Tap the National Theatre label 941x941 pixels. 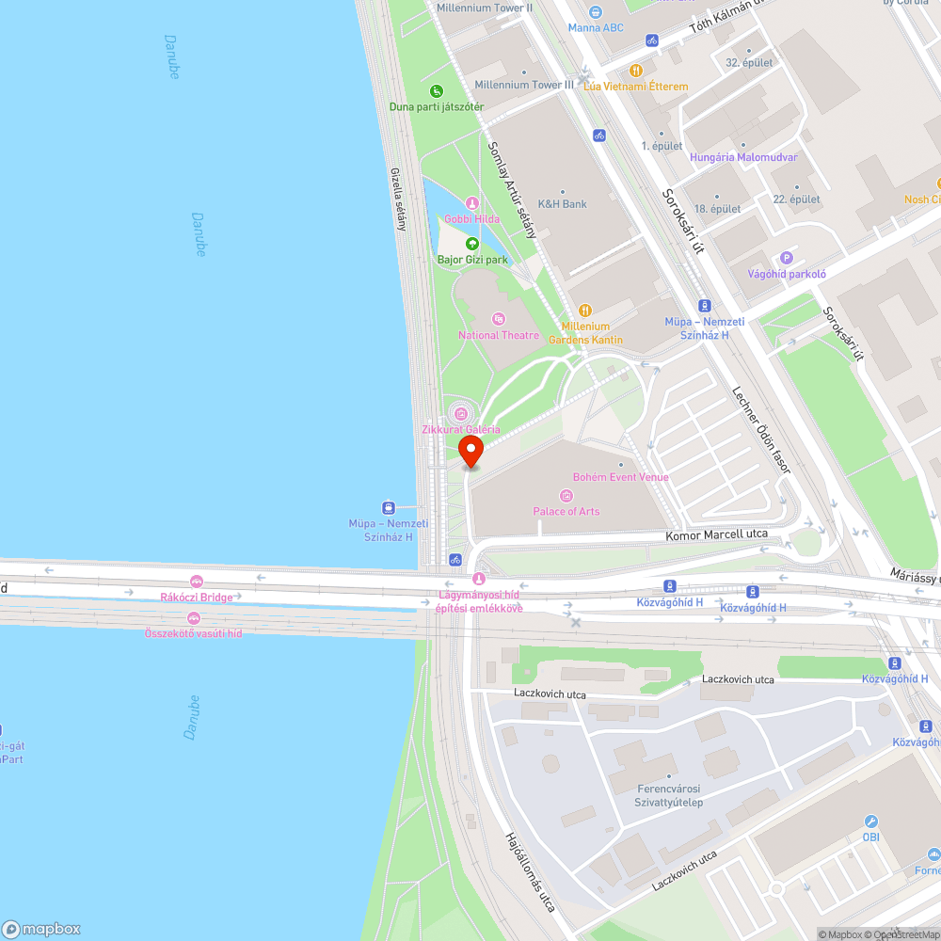[499, 335]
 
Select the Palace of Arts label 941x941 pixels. [566, 511]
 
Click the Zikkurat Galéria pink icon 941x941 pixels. [460, 412]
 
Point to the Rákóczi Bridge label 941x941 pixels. [196, 597]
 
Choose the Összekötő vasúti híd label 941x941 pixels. [193, 633]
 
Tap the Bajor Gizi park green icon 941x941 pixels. [472, 244]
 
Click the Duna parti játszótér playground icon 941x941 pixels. [437, 91]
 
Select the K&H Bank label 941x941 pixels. [562, 203]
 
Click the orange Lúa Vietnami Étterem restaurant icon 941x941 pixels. [636, 70]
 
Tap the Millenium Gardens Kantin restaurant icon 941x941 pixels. [585, 310]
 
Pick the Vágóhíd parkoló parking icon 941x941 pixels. [787, 258]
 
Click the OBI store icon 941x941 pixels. [871, 821]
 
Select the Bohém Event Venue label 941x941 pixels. [621, 477]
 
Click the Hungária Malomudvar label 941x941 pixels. [743, 157]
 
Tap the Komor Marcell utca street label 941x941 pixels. [717, 534]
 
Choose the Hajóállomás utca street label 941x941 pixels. [530, 871]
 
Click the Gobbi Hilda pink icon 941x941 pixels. [472, 203]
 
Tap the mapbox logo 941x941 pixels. [42, 928]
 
